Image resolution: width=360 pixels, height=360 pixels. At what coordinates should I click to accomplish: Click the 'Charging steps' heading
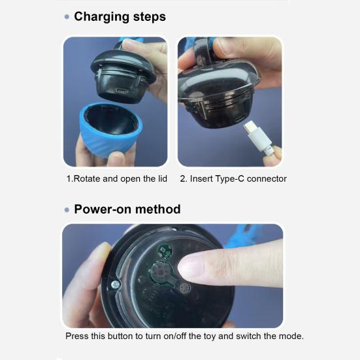(x=120, y=17)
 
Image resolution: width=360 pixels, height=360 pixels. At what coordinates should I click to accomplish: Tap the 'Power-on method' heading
(x=127, y=209)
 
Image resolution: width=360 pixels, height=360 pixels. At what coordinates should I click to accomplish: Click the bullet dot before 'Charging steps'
(x=67, y=17)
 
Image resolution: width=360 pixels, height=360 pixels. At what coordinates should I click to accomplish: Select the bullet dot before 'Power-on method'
(x=67, y=210)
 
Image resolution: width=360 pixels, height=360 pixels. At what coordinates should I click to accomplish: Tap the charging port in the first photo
(x=122, y=91)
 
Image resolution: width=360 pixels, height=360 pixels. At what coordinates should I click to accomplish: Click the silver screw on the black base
(x=115, y=285)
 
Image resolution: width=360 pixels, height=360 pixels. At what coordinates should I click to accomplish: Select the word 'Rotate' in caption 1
(x=87, y=178)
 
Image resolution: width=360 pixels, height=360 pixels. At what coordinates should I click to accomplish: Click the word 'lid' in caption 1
(x=162, y=178)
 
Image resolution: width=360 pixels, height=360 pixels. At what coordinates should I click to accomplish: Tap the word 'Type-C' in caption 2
(x=229, y=178)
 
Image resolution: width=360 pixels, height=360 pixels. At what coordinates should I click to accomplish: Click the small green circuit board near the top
(x=164, y=251)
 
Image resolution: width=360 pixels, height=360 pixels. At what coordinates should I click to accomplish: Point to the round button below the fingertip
(x=185, y=288)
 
